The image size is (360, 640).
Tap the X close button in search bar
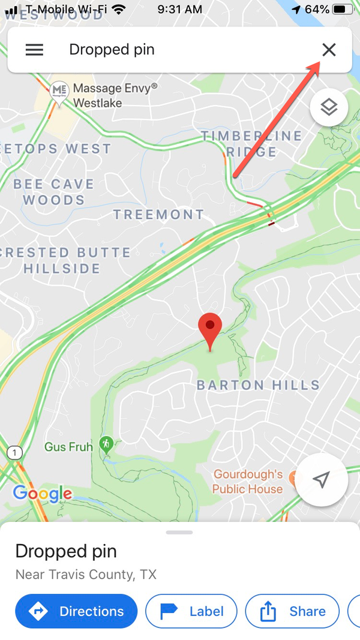[329, 50]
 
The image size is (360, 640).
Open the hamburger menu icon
[34, 50]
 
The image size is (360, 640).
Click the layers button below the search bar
[329, 107]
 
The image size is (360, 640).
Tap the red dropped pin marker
[210, 329]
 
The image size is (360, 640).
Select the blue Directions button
[76, 611]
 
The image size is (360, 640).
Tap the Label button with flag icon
[191, 611]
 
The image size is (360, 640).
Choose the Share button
[292, 611]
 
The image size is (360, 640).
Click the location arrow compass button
[322, 479]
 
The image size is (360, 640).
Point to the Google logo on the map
[42, 494]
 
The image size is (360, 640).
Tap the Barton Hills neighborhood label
[258, 384]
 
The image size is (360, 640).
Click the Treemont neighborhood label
[159, 214]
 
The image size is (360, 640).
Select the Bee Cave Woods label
[54, 192]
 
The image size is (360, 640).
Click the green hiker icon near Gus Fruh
[106, 444]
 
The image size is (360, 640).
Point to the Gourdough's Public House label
[248, 482]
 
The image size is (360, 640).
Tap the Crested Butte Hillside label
[63, 260]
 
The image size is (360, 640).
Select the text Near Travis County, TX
[86, 575]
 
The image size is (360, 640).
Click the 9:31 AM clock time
[180, 10]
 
